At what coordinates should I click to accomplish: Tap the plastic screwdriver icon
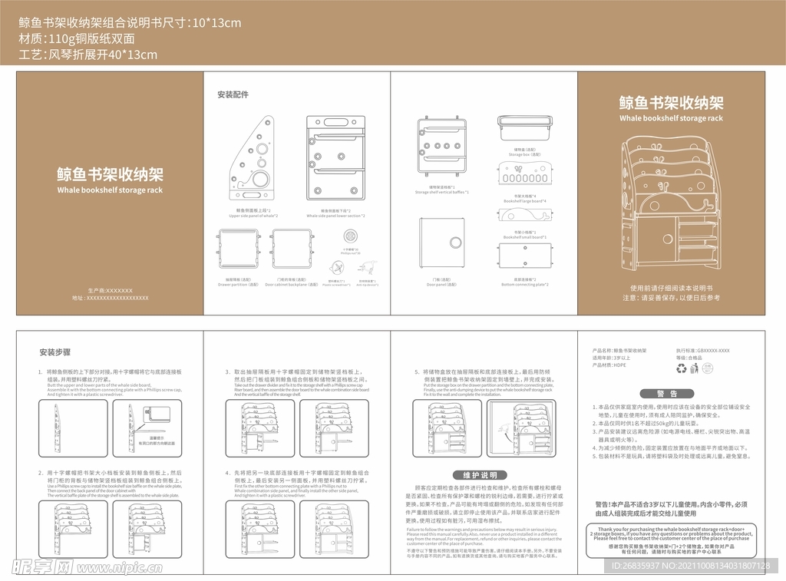[x=333, y=266]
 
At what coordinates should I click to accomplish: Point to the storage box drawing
[x=526, y=128]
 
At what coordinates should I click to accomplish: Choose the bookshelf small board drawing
[x=526, y=216]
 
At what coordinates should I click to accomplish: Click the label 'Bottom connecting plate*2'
[x=525, y=285]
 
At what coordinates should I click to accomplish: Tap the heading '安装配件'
[x=233, y=95]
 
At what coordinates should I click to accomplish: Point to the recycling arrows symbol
[x=681, y=369]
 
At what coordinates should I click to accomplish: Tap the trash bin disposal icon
[x=695, y=369]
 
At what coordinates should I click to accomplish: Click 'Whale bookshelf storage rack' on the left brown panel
[x=110, y=190]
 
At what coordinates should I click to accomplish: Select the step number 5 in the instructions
[x=415, y=371]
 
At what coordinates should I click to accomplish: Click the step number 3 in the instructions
[x=227, y=371]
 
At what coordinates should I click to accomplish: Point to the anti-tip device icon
[x=369, y=266]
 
